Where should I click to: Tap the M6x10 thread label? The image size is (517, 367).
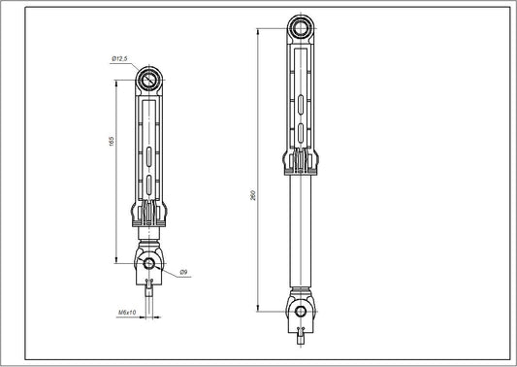pyautogui.click(x=127, y=313)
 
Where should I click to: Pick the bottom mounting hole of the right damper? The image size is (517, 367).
pyautogui.click(x=302, y=311)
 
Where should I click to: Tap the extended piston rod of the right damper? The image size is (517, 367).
pyautogui.click(x=302, y=233)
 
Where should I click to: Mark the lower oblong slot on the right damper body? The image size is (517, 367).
pyautogui.click(x=302, y=131)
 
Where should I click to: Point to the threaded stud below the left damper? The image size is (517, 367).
pyautogui.click(x=149, y=291)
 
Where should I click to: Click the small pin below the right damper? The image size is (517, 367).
pyautogui.click(x=302, y=335)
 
